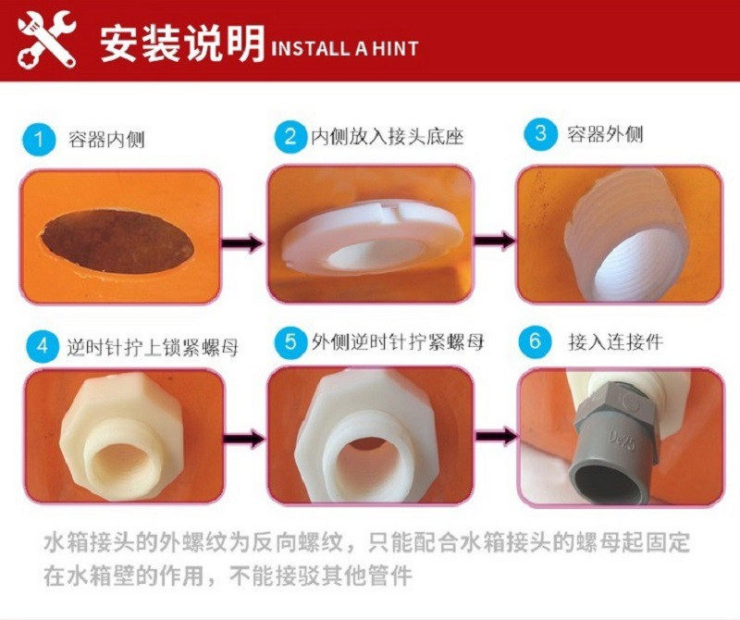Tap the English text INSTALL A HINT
(x=343, y=49)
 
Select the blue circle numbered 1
(x=37, y=141)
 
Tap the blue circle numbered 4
(x=41, y=347)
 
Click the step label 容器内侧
(x=106, y=141)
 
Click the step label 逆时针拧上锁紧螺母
(x=153, y=348)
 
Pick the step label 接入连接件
(x=615, y=341)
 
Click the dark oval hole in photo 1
(x=115, y=239)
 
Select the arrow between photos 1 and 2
(x=242, y=243)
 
